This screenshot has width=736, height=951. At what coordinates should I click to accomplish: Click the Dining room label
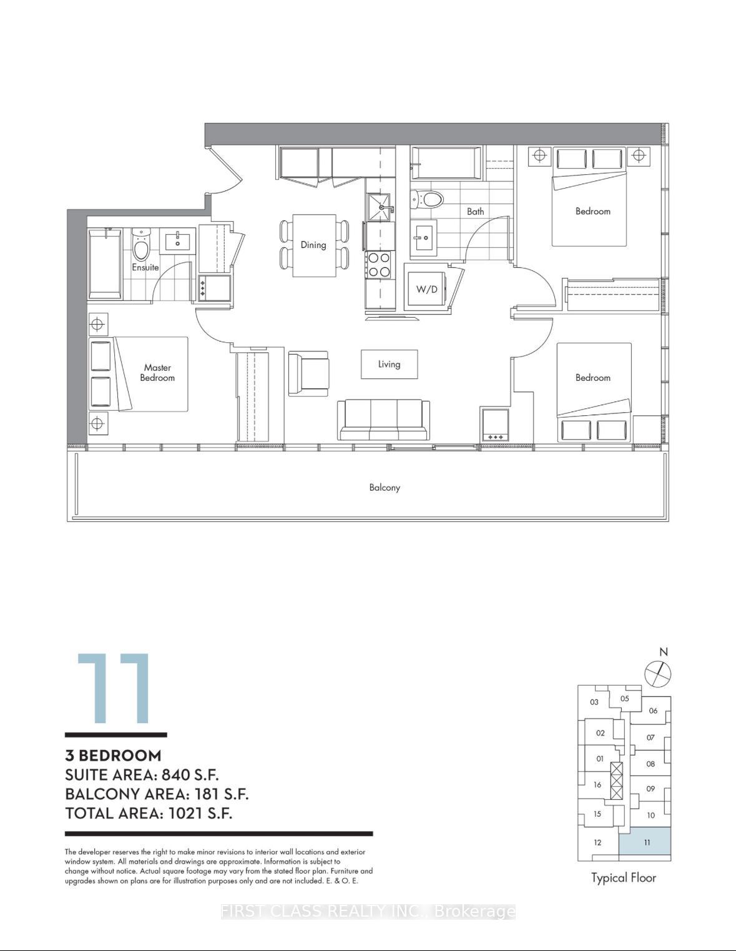point(313,245)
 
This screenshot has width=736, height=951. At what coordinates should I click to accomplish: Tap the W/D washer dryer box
point(426,289)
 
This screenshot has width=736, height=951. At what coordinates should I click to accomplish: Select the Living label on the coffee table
point(389,364)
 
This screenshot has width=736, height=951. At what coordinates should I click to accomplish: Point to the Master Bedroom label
point(157,373)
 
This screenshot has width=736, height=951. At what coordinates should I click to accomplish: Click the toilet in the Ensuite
point(142,246)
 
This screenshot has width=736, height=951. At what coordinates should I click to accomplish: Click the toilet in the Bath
point(428,200)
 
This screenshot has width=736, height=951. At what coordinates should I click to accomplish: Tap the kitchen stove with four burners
point(378,264)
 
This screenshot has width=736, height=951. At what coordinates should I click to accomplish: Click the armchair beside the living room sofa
point(308,373)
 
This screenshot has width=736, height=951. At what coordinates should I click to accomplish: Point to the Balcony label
point(385,487)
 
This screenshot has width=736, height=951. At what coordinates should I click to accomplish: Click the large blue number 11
point(114,688)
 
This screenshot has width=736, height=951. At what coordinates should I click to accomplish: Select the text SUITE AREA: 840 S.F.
point(142,775)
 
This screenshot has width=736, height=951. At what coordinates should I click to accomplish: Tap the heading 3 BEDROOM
point(113,755)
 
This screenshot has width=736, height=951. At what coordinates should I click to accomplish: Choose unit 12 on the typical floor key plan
point(597,842)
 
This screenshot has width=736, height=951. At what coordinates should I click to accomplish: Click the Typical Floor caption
point(624,877)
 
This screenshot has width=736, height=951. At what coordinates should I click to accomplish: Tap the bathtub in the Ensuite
point(105,264)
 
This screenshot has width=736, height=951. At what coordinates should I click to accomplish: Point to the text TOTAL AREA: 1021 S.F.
point(149,813)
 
